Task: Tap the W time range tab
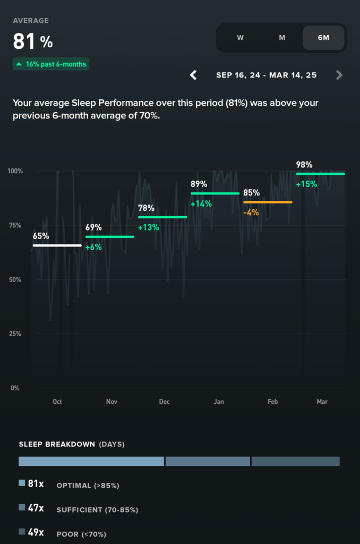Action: (x=240, y=38)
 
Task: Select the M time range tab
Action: (x=282, y=38)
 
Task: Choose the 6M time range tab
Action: (x=323, y=38)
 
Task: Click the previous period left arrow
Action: (x=194, y=75)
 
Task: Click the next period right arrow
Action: (x=339, y=75)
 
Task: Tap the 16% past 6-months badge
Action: (x=51, y=64)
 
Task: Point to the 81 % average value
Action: (x=33, y=41)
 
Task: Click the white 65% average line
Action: (x=57, y=245)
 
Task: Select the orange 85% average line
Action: (x=268, y=202)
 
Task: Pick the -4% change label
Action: (x=251, y=212)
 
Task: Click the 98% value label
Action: (x=304, y=165)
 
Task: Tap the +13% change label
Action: (x=148, y=227)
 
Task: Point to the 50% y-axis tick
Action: (x=14, y=279)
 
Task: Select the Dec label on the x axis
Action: (x=165, y=402)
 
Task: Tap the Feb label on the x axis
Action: (x=272, y=402)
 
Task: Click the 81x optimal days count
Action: (x=36, y=484)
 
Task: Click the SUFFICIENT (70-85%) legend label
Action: (x=97, y=509)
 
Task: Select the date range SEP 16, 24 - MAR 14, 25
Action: (x=266, y=75)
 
